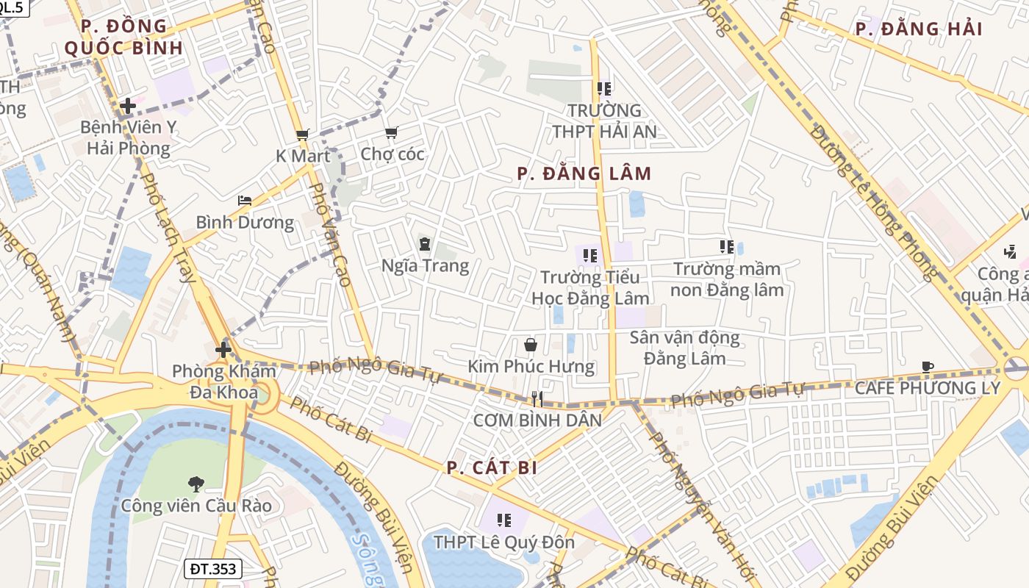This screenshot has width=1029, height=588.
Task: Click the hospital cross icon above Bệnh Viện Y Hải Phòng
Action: click(x=128, y=106)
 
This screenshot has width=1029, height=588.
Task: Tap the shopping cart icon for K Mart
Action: click(x=302, y=135)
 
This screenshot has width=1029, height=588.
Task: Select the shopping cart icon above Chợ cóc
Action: click(x=391, y=133)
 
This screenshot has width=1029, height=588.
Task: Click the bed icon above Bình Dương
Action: click(x=245, y=201)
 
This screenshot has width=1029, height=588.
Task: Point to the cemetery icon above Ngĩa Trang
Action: click(x=425, y=243)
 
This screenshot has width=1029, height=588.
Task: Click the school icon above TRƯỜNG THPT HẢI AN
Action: click(x=604, y=89)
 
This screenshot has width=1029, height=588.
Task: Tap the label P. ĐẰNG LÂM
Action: click(x=584, y=174)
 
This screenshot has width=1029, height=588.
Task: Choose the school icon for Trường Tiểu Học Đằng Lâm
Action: click(x=589, y=255)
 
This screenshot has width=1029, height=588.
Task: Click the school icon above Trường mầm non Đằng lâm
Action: click(x=727, y=247)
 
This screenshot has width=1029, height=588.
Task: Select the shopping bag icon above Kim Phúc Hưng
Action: click(x=530, y=345)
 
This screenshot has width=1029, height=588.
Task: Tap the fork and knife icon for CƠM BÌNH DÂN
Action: click(x=537, y=399)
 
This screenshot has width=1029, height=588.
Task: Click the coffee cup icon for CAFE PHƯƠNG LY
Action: click(x=928, y=367)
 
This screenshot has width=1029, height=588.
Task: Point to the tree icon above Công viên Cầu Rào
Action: click(x=196, y=484)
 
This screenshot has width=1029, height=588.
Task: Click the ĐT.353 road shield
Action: click(x=212, y=568)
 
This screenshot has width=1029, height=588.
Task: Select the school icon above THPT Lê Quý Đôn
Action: click(x=503, y=520)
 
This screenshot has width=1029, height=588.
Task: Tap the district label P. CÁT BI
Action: click(x=492, y=468)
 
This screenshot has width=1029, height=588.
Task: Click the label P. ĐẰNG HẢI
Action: click(x=919, y=29)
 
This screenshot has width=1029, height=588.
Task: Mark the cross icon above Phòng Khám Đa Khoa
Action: click(x=223, y=350)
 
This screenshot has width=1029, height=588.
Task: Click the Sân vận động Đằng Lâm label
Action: click(x=684, y=348)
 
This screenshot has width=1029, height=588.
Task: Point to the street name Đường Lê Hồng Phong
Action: click(x=875, y=203)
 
